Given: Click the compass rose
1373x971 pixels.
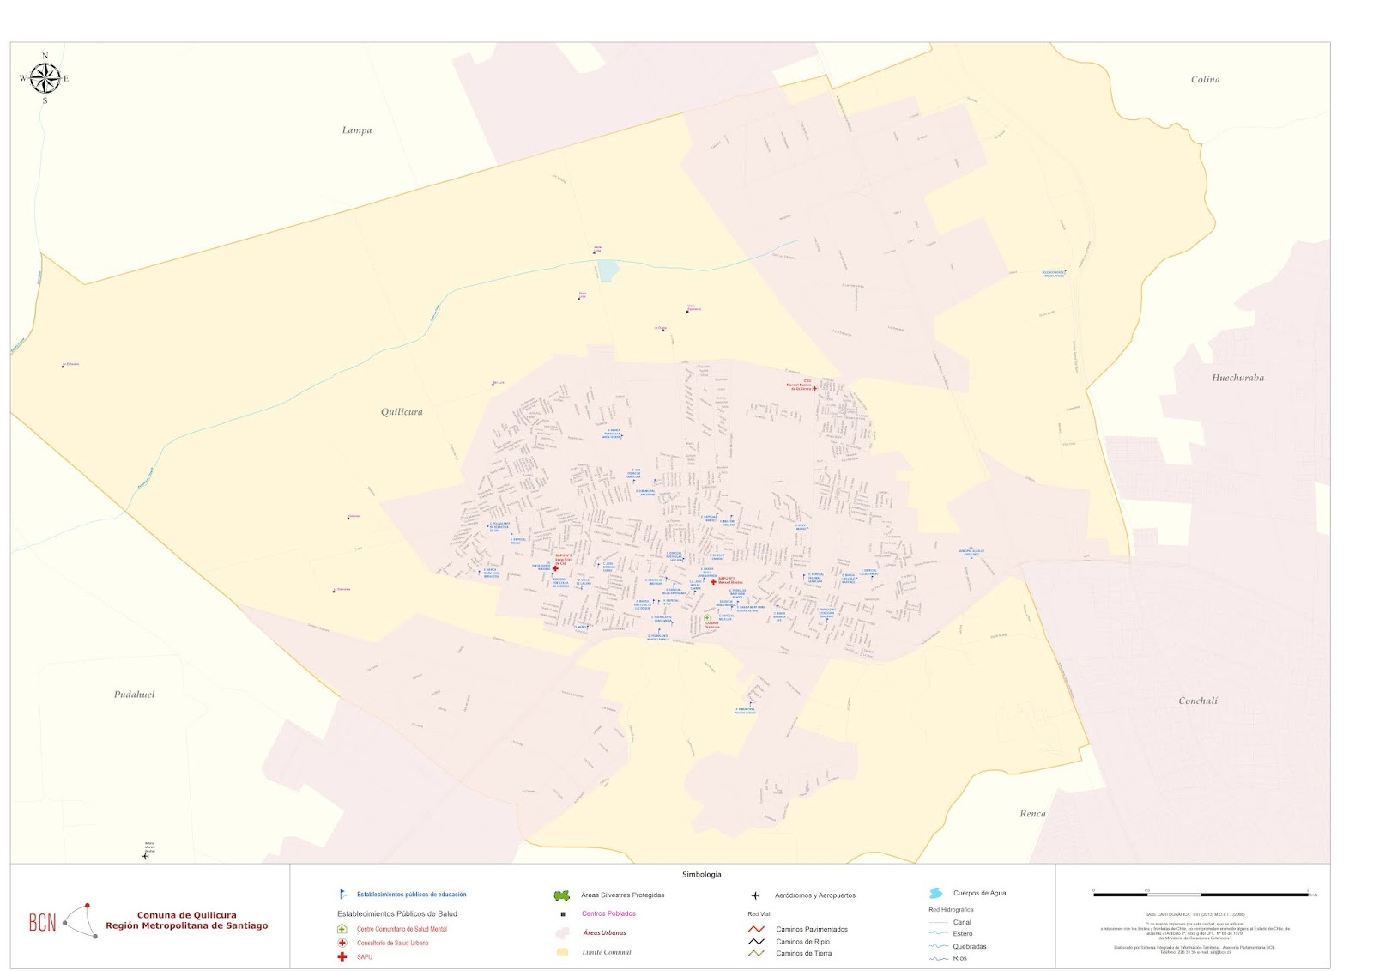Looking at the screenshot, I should (x=45, y=79).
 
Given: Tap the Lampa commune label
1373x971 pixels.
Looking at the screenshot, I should (x=357, y=130).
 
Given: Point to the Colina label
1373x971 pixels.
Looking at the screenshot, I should (x=1205, y=80).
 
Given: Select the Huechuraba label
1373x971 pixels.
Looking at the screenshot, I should (x=1237, y=378).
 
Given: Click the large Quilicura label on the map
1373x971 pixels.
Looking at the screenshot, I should (x=402, y=412).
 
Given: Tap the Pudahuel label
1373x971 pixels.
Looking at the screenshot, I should (x=135, y=695).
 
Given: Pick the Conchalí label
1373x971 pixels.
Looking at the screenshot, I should (x=1198, y=701).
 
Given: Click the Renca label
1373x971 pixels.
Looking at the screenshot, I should (x=1032, y=814).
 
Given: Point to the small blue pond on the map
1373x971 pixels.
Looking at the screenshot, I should (x=608, y=270).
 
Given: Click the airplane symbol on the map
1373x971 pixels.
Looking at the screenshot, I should (x=145, y=855).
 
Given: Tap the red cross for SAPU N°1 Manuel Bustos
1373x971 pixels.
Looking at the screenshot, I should (x=713, y=581).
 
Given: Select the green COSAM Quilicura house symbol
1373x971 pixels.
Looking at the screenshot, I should (x=707, y=618).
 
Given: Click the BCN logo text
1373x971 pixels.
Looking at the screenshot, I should (x=42, y=923).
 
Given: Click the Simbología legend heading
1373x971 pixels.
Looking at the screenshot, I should (x=701, y=874).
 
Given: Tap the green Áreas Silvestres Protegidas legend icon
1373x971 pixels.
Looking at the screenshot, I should (x=562, y=895).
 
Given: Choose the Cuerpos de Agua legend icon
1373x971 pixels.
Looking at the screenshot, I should (x=935, y=894).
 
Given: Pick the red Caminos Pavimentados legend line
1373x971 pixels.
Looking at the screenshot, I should (x=756, y=929).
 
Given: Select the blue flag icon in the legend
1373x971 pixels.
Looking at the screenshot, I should (x=343, y=895).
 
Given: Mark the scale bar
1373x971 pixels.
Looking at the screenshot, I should (x=1201, y=895).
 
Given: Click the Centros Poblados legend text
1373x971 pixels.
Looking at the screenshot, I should (x=608, y=913).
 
